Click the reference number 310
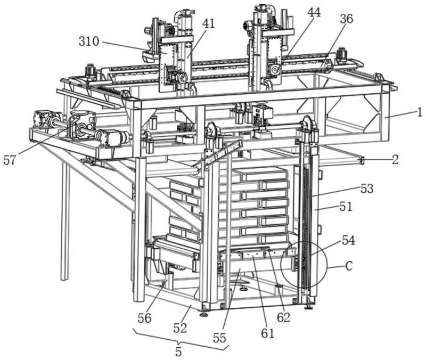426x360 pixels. [89, 42]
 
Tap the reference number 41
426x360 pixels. [208, 24]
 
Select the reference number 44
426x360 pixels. [314, 12]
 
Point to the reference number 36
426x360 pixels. [347, 19]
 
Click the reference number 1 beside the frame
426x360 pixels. [420, 112]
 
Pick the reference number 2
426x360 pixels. [395, 159]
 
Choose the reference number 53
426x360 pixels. [367, 189]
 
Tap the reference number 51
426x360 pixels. [346, 207]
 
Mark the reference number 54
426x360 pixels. [348, 241]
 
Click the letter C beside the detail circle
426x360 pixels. [349, 266]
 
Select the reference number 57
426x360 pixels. [10, 160]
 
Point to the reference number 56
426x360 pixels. [144, 318]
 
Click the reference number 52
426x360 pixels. [180, 328]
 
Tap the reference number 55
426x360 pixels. [219, 338]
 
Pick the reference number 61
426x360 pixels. [268, 333]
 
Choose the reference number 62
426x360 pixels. [283, 317]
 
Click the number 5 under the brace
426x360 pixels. [178, 352]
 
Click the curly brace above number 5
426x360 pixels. [180, 340]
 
